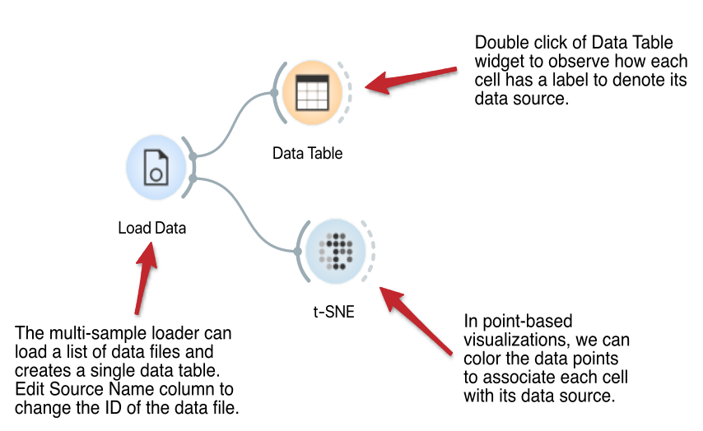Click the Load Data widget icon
pyautogui.click(x=156, y=167)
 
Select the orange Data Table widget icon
pyautogui.click(x=313, y=93)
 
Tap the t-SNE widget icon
pyautogui.click(x=336, y=251)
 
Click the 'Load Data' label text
pyautogui.click(x=152, y=228)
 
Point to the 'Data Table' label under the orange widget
pyautogui.click(x=308, y=153)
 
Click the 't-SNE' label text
pyautogui.click(x=334, y=312)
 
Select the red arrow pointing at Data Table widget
pyautogui.click(x=411, y=80)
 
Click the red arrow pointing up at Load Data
pyautogui.click(x=145, y=278)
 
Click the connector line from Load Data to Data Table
pyautogui.click(x=233, y=123)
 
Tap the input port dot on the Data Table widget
pyautogui.click(x=274, y=93)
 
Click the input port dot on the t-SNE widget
pyautogui.click(x=298, y=252)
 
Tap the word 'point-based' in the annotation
pyautogui.click(x=527, y=322)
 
